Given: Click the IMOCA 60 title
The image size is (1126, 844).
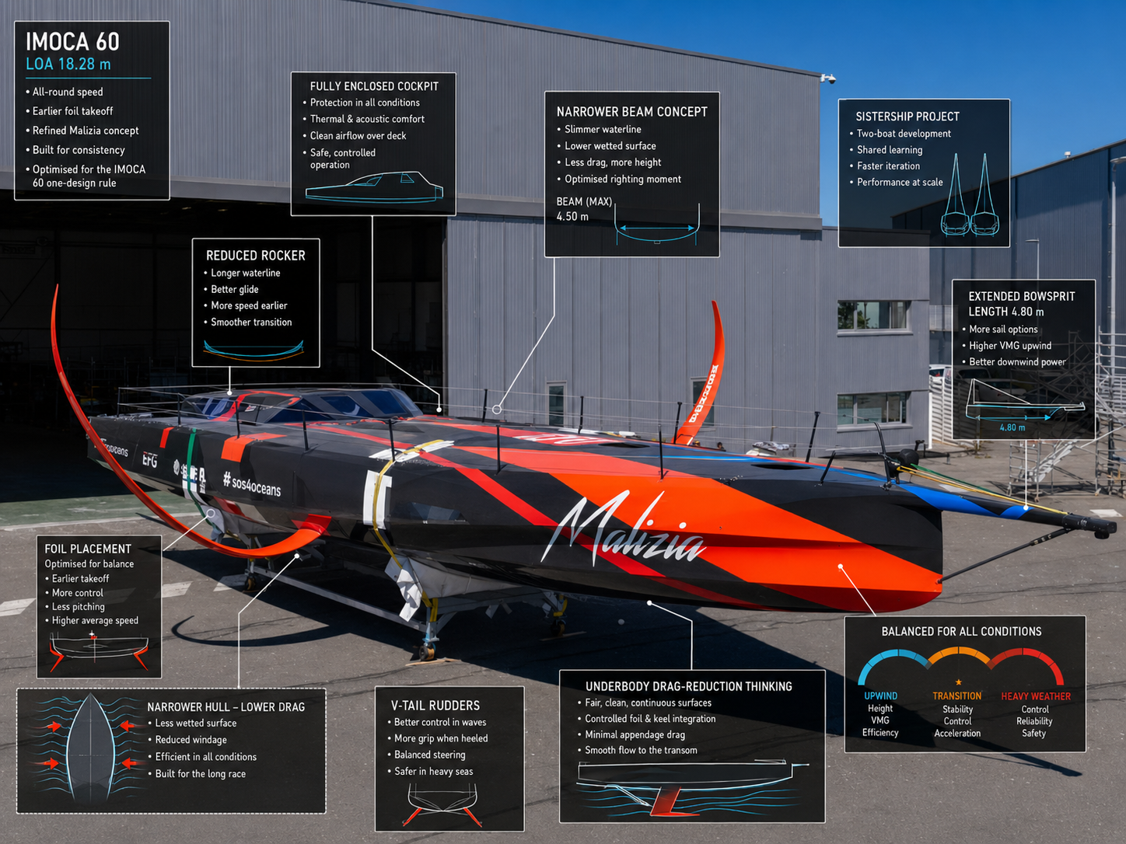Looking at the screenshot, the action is (x=72, y=41).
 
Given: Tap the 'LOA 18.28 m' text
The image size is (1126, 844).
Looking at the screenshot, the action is (x=68, y=64).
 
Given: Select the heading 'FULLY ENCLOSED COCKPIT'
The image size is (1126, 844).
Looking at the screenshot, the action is (x=374, y=86).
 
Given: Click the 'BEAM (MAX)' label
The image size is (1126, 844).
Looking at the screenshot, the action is (x=584, y=201).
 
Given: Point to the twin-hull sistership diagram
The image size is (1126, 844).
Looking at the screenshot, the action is (x=970, y=195).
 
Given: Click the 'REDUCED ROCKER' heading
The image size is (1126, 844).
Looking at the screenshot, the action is (x=256, y=255).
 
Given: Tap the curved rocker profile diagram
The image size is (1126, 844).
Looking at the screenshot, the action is (x=254, y=351).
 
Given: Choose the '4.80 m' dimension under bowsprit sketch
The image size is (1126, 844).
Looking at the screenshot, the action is (x=1012, y=427).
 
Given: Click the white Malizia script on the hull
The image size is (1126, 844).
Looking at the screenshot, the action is (x=624, y=528).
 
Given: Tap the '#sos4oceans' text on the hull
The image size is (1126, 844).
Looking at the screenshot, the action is (x=252, y=483).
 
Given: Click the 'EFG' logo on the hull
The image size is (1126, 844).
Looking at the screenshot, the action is (x=150, y=459).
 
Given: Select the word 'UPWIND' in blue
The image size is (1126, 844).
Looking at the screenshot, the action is (x=880, y=696).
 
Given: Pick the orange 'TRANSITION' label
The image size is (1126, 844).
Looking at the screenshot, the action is (x=956, y=696).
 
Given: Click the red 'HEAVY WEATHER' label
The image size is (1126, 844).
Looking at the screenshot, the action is (x=1036, y=696).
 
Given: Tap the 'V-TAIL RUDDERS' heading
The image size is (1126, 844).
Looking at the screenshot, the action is (x=435, y=706).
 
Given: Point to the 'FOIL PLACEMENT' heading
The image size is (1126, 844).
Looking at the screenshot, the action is (x=88, y=549).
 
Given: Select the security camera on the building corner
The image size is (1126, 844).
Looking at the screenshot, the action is (x=828, y=78).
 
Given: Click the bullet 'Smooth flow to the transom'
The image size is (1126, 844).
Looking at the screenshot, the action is (x=641, y=750).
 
